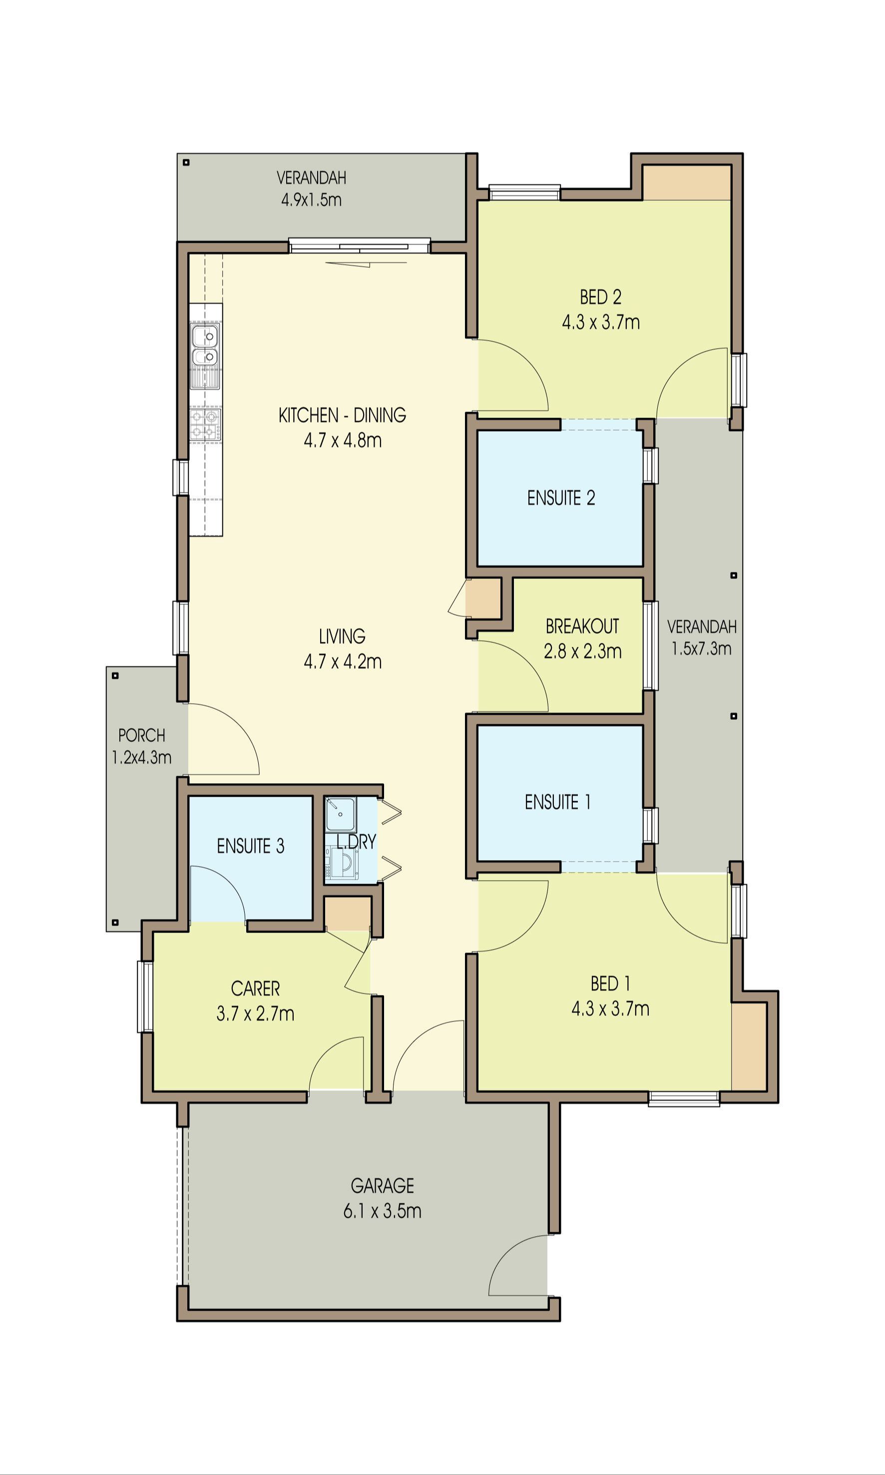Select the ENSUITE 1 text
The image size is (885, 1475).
point(557,802)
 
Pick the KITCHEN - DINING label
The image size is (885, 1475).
point(342,415)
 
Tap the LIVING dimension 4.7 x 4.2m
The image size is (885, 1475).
point(342,661)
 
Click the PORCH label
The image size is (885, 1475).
point(141,735)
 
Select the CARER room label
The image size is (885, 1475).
point(255,988)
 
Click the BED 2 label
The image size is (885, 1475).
point(600,297)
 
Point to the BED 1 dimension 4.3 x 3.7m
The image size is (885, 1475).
point(610,1008)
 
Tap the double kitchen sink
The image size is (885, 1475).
point(205,347)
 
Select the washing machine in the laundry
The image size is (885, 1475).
point(342,863)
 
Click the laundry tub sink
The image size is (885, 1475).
point(341,814)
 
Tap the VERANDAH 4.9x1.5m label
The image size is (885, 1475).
point(311,188)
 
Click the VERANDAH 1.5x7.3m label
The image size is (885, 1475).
point(701,637)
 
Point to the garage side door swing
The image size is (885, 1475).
point(516,1264)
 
